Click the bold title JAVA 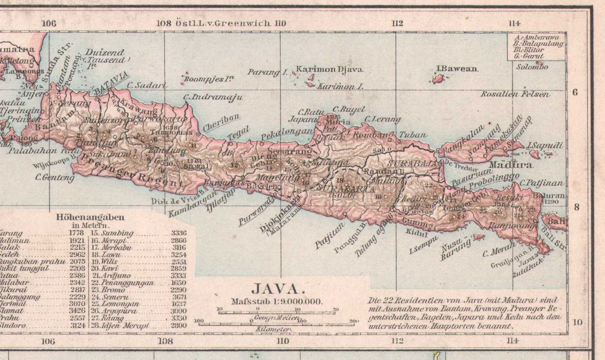(276, 289)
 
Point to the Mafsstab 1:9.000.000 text (276, 301)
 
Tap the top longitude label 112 (397, 23)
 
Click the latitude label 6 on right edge (575, 92)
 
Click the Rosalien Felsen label (515, 94)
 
